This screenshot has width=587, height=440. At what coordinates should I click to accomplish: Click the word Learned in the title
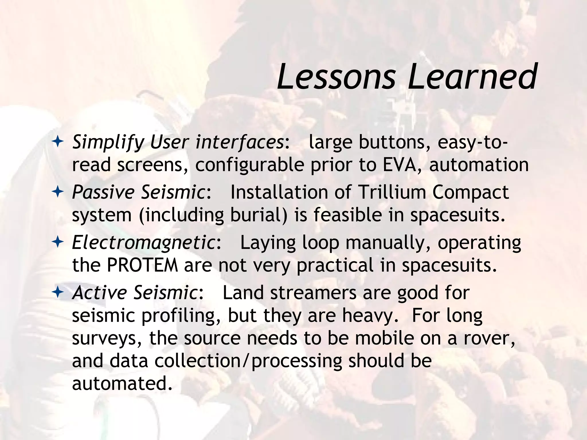pos(472,77)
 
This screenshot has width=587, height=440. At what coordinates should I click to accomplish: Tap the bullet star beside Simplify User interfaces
pos(58,142)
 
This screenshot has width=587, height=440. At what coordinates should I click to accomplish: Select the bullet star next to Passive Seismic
pos(58,192)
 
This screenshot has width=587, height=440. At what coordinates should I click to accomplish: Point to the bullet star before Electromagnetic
pos(58,242)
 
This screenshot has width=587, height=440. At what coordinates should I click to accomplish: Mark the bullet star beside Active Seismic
pos(58,292)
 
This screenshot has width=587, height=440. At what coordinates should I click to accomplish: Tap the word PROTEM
pos(142,265)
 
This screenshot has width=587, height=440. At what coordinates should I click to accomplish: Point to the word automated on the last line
pos(122,383)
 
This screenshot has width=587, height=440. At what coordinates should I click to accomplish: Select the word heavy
pos(370,315)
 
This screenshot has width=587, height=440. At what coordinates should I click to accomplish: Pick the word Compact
pos(470,192)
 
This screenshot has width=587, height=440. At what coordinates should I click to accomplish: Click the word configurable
pos(250,165)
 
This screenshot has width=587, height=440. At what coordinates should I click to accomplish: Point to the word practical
pos(335,265)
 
